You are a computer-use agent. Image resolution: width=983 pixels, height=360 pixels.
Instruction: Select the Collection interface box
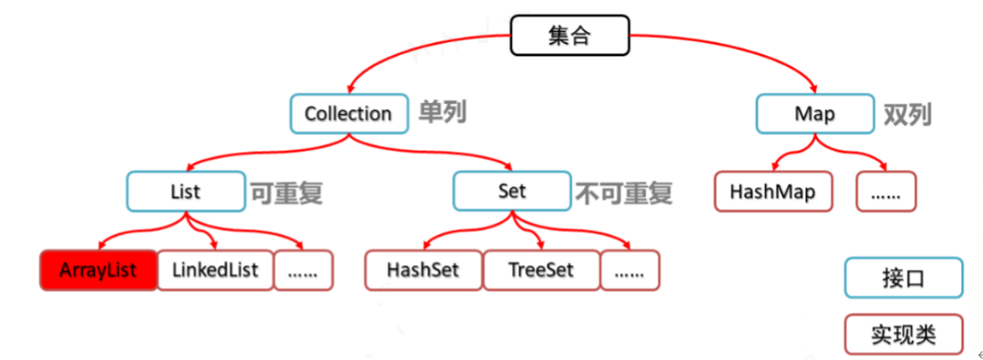[x=348, y=113]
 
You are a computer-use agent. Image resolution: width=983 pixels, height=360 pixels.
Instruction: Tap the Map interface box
[x=814, y=113]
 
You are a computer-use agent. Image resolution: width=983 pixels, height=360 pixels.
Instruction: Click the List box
[x=184, y=192]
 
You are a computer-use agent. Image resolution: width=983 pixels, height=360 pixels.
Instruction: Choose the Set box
[x=512, y=192]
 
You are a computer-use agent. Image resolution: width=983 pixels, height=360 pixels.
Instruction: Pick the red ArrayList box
[x=97, y=270]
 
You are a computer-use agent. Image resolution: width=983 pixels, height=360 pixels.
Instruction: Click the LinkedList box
[x=215, y=270]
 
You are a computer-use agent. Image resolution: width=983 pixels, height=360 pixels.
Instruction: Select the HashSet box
[x=423, y=270]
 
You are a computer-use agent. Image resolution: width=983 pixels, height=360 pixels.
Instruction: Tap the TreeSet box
[x=541, y=270]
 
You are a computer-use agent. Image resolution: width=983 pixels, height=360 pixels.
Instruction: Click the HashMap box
[x=771, y=192]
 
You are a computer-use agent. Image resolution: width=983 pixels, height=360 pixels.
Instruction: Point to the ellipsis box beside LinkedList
[x=303, y=270]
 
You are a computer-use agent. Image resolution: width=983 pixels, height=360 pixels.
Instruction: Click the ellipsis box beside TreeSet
[x=630, y=270]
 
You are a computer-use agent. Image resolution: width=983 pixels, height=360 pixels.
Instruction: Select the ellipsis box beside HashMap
[x=886, y=192]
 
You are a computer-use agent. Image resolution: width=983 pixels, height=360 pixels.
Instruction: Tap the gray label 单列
[x=442, y=113]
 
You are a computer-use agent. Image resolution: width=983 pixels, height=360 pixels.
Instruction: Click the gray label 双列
[x=907, y=114]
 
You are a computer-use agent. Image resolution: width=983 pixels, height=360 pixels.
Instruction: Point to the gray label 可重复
[x=286, y=192]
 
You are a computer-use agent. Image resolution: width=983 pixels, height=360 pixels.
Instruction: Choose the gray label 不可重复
[x=624, y=192]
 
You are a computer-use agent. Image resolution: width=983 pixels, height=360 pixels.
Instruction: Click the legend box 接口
[x=903, y=279]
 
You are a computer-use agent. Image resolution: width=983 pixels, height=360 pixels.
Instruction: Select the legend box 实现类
[x=903, y=334]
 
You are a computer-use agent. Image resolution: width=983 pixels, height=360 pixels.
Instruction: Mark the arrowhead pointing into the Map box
[x=814, y=89]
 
